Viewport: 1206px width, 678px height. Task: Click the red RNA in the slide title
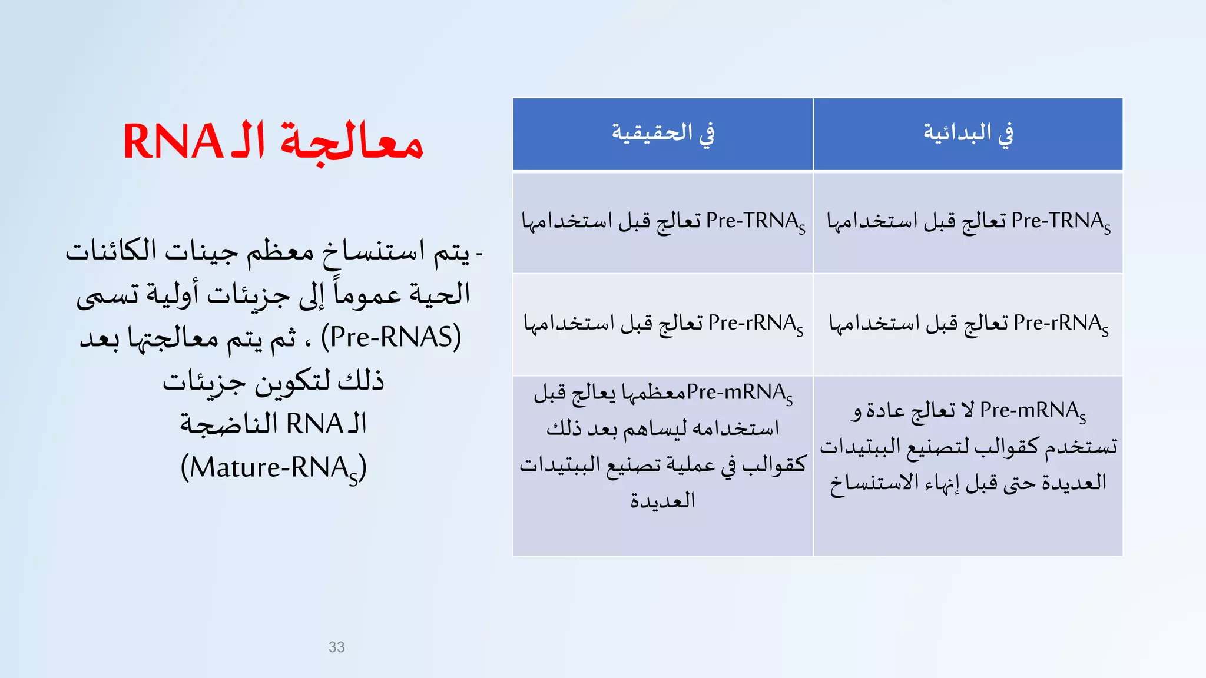click(172, 142)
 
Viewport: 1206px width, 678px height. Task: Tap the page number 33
click(336, 647)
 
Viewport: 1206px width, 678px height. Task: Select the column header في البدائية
click(968, 134)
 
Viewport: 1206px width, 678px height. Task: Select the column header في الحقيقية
click(662, 134)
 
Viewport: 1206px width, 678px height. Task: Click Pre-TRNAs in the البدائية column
click(1061, 222)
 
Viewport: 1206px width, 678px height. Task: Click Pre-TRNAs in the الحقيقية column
click(756, 222)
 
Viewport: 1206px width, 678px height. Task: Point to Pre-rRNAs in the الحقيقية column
click(756, 324)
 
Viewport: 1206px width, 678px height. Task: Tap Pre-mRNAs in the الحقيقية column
click(740, 393)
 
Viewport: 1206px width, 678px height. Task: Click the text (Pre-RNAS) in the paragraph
click(391, 337)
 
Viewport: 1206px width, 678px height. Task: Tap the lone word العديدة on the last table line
click(662, 500)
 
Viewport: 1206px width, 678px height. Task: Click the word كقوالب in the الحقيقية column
click(774, 464)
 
